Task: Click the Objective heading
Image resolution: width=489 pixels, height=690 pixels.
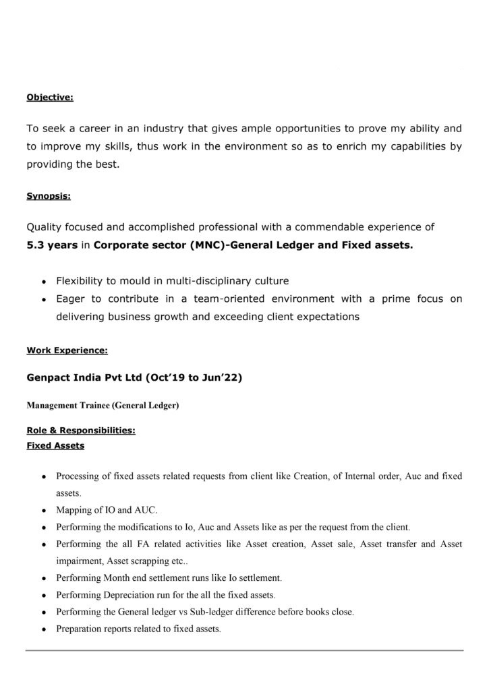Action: tap(50, 98)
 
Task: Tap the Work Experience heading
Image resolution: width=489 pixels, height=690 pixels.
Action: tap(67, 350)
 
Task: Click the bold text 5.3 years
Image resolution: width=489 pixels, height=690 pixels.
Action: tap(52, 246)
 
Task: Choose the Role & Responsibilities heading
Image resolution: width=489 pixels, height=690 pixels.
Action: tap(81, 431)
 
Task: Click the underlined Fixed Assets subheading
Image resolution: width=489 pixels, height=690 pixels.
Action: tap(55, 445)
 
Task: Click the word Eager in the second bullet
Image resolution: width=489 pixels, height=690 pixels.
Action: tap(70, 299)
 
